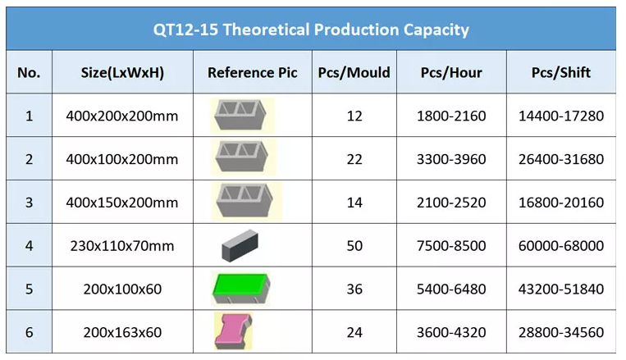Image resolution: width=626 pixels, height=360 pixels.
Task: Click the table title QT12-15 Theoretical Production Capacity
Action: (x=311, y=30)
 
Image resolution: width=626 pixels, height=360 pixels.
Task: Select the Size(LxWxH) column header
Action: (x=122, y=73)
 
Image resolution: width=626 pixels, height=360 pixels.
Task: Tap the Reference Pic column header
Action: (x=253, y=73)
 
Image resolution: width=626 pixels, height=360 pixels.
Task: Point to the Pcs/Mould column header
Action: (x=354, y=73)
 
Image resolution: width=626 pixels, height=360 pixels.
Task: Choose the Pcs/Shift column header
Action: (x=561, y=73)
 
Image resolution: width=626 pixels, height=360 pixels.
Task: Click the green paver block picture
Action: (x=241, y=288)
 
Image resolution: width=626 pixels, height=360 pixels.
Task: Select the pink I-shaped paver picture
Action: (x=234, y=330)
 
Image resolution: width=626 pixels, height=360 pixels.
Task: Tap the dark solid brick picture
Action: (x=240, y=245)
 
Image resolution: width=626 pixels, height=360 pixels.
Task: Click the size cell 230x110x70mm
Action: (x=122, y=246)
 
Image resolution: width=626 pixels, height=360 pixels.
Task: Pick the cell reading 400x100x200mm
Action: (x=122, y=159)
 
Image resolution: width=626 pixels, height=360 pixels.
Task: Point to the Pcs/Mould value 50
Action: (x=354, y=246)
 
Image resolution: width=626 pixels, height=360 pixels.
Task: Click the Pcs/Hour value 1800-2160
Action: (x=451, y=116)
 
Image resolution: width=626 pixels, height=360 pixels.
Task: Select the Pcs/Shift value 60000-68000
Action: (x=561, y=246)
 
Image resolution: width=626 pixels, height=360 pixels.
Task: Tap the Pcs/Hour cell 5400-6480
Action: (x=451, y=289)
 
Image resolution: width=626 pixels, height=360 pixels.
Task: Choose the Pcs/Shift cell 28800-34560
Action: (x=561, y=332)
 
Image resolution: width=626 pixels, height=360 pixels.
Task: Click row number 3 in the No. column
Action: (x=30, y=203)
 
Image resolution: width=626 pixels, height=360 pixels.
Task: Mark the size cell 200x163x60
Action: (x=122, y=332)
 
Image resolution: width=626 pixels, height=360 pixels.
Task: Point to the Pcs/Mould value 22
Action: (x=354, y=159)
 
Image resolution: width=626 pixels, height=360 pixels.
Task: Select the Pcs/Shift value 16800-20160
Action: (x=561, y=203)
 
